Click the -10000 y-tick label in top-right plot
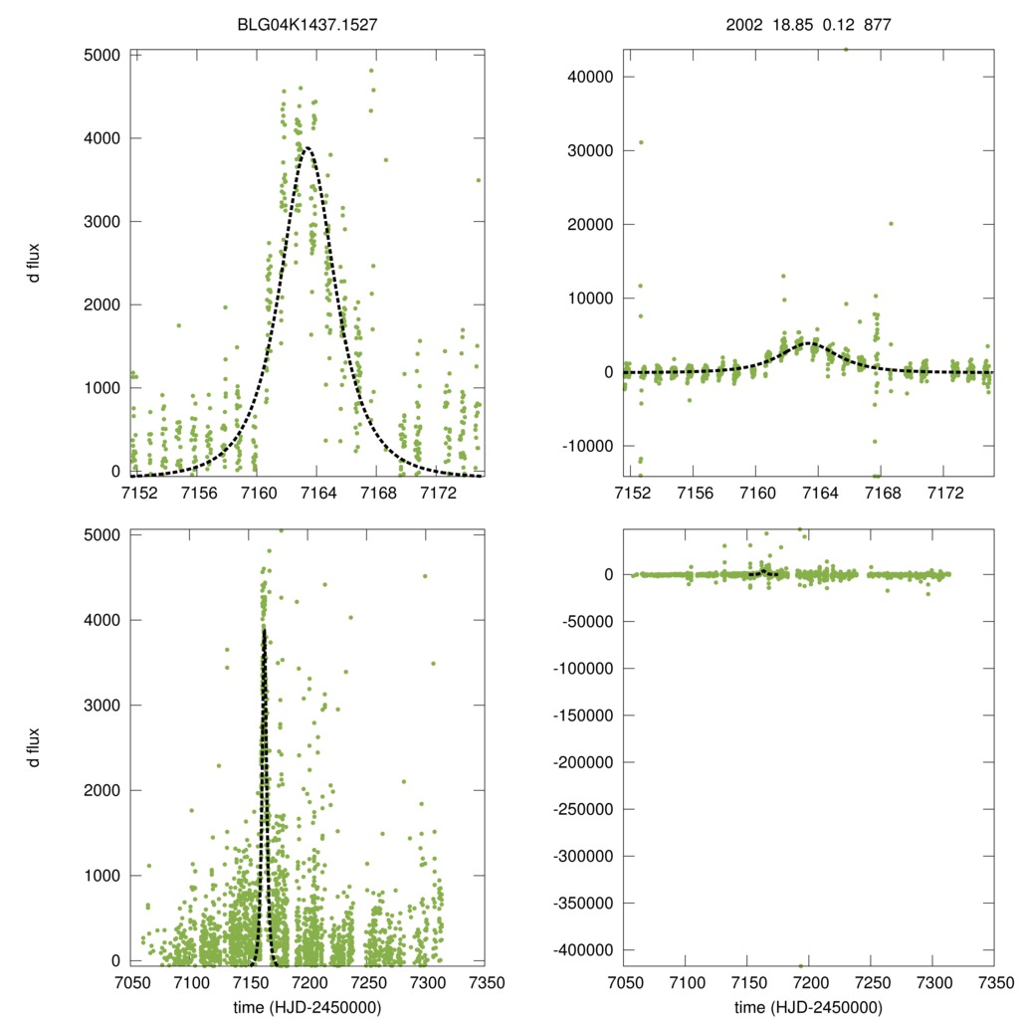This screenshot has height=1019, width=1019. pyautogui.click(x=581, y=445)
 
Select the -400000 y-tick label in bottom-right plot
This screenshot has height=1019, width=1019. pyautogui.click(x=577, y=950)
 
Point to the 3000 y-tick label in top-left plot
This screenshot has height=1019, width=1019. pyautogui.click(x=93, y=221)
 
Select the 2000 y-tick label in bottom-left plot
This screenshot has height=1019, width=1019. pyautogui.click(x=93, y=790)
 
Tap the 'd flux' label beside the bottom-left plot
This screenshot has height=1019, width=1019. pyautogui.click(x=34, y=747)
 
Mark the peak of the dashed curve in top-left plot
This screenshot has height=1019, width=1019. pyautogui.click(x=306, y=148)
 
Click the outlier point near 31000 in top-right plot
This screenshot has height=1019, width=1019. pyautogui.click(x=641, y=142)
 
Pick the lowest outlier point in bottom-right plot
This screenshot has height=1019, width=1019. pyautogui.click(x=800, y=964)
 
